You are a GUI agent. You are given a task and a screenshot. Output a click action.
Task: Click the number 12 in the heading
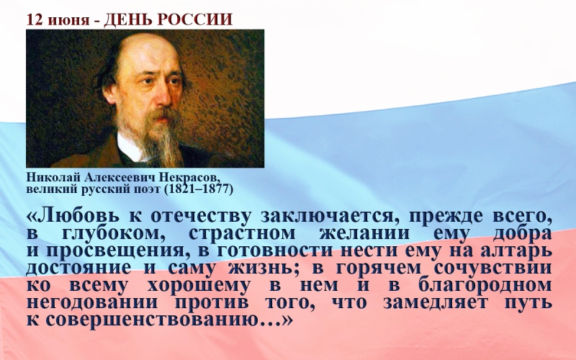tap(35, 20)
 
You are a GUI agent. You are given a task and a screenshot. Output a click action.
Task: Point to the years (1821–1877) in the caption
tap(199, 189)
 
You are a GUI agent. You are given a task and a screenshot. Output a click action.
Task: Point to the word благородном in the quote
tap(484, 285)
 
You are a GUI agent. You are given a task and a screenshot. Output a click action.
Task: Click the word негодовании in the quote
tap(92, 302)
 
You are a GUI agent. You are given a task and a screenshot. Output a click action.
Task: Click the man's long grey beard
tap(160, 141)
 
